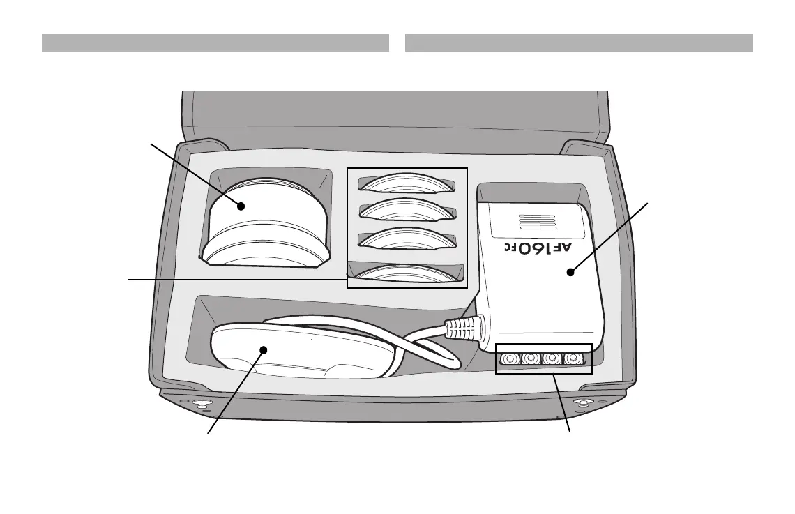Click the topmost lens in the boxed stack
pyautogui.click(x=407, y=183)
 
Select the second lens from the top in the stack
pyautogui.click(x=407, y=209)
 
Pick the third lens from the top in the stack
pyautogui.click(x=407, y=238)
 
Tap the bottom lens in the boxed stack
pyautogui.click(x=407, y=273)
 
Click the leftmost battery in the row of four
pyautogui.click(x=509, y=359)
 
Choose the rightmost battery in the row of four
pyautogui.click(x=574, y=359)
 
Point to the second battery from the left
pyautogui.click(x=531, y=359)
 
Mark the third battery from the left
pyautogui.click(x=552, y=359)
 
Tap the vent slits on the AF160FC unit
pyautogui.click(x=537, y=222)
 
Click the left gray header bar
pyautogui.click(x=215, y=43)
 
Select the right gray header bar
pyautogui.click(x=579, y=43)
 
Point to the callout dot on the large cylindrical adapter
pyautogui.click(x=241, y=206)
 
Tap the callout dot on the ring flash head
pyautogui.click(x=263, y=351)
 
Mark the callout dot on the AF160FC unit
pyautogui.click(x=570, y=273)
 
